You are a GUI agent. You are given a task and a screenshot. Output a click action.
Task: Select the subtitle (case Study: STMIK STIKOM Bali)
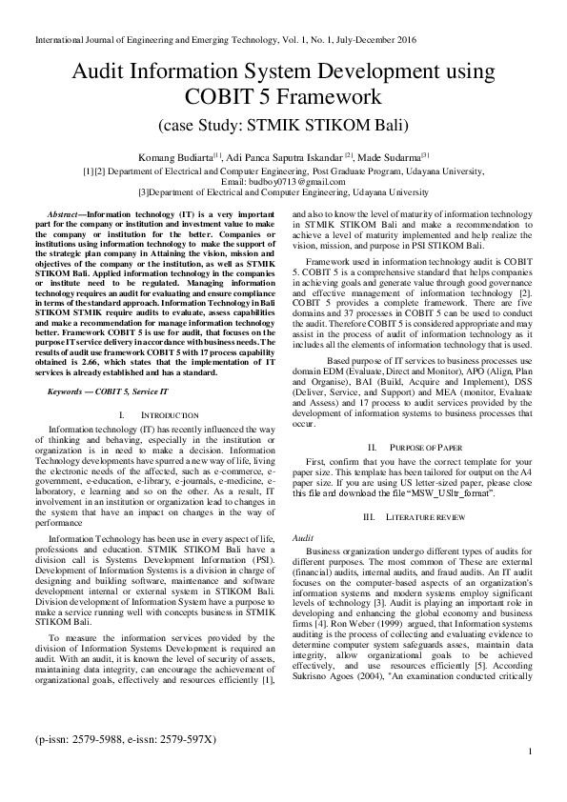click(283, 125)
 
